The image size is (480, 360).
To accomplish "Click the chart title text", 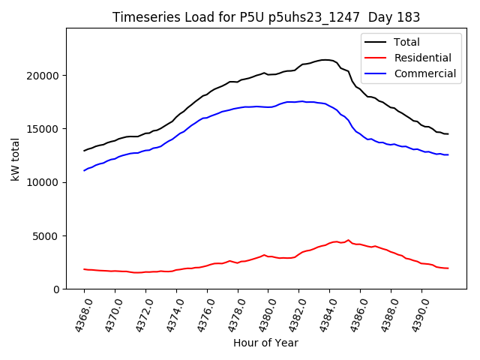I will click(265, 17).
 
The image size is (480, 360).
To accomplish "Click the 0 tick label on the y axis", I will click(56, 289).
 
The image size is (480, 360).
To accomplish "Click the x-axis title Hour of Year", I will click(265, 343).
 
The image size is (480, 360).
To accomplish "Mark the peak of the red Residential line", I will click(348, 240).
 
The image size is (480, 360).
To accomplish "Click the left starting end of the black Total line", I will click(84, 151).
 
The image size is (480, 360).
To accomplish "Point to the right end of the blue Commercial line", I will click(448, 154).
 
